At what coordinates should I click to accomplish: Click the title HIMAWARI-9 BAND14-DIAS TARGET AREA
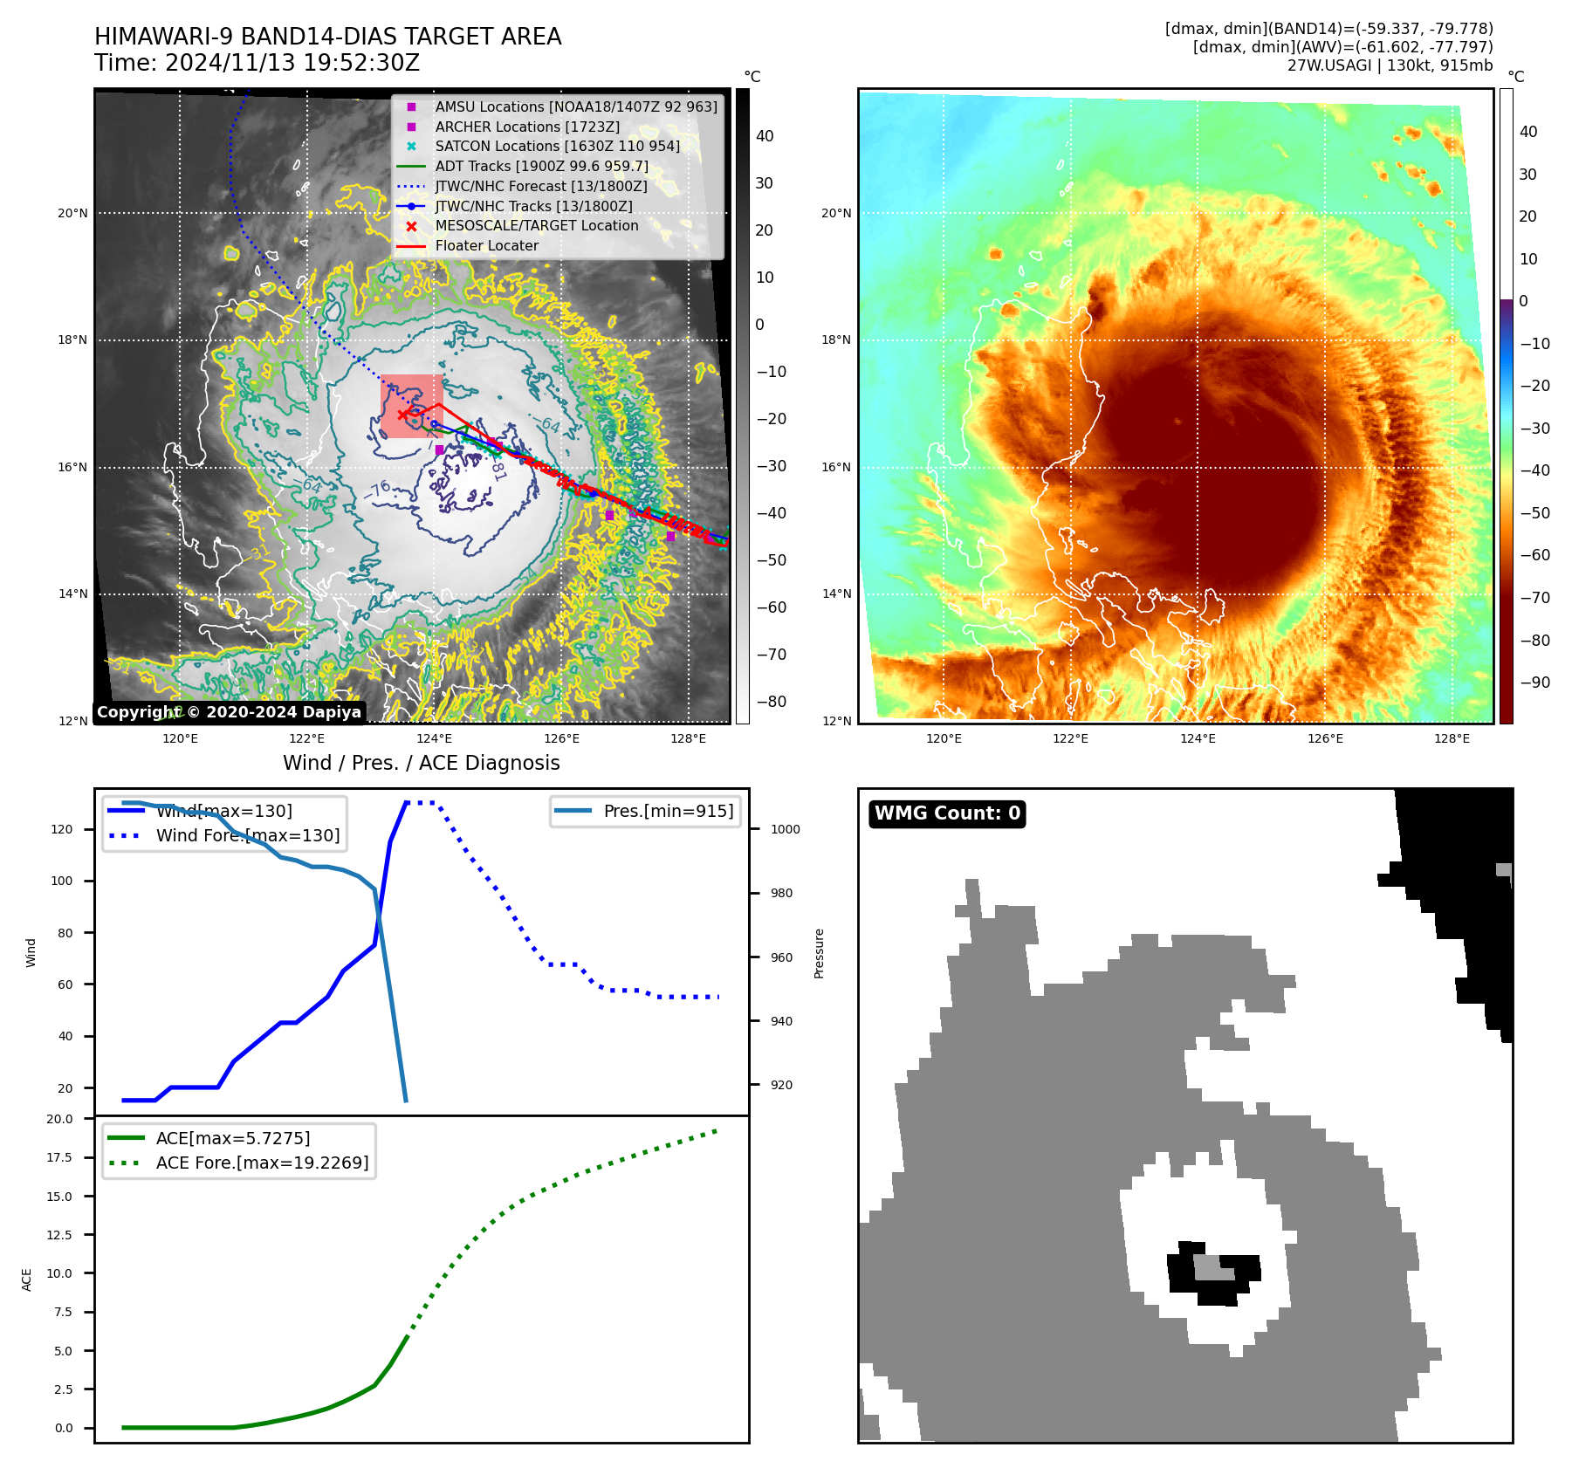click(x=327, y=37)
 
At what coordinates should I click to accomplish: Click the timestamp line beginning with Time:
click(x=257, y=63)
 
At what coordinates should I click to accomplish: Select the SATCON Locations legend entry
click(x=557, y=146)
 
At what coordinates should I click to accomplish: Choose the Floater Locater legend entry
click(x=486, y=245)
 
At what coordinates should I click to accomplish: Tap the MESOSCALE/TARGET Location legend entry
click(x=536, y=225)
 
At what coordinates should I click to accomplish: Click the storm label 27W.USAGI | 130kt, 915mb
click(x=1390, y=65)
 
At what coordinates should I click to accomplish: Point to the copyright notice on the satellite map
click(x=229, y=712)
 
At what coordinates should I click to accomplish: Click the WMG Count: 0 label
click(x=947, y=813)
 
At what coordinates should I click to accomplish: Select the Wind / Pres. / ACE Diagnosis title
click(x=421, y=763)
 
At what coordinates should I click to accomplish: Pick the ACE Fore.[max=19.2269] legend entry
click(x=262, y=1163)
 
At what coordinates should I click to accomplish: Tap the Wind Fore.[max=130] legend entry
click(x=248, y=835)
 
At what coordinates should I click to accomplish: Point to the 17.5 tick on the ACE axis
click(x=59, y=1157)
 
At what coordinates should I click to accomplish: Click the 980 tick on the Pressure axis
click(x=782, y=893)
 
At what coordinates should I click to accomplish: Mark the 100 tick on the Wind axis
click(x=62, y=881)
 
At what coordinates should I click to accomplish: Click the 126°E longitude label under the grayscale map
click(x=561, y=738)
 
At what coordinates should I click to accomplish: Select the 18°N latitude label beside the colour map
click(x=836, y=340)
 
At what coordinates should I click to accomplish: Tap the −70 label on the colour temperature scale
click(x=1534, y=598)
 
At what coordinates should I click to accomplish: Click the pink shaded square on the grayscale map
click(x=411, y=406)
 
